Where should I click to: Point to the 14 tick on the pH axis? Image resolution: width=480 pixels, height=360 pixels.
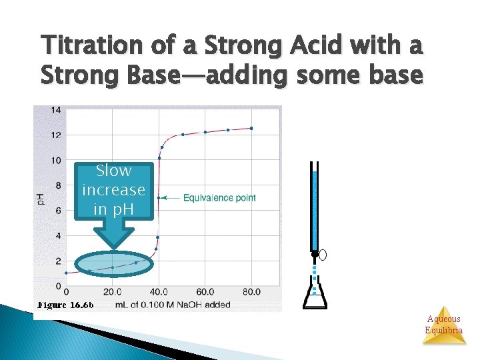pyautogui.click(x=57, y=109)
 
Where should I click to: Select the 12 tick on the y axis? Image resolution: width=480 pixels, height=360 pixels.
pyautogui.click(x=57, y=135)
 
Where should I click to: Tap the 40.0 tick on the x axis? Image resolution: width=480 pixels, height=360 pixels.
pyautogui.click(x=158, y=292)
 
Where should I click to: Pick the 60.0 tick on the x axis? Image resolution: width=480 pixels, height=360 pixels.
pyautogui.click(x=205, y=292)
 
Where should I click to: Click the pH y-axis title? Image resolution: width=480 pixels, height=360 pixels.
pyautogui.click(x=40, y=198)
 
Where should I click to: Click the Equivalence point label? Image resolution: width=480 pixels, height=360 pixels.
pyautogui.click(x=219, y=198)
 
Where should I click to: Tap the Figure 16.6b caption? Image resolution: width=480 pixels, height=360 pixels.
pyautogui.click(x=65, y=305)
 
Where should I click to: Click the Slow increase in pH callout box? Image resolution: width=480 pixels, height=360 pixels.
pyautogui.click(x=113, y=190)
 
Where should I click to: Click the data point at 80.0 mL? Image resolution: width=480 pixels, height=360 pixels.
pyautogui.click(x=251, y=128)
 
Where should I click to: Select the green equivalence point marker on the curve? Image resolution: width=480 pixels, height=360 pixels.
pyautogui.click(x=158, y=198)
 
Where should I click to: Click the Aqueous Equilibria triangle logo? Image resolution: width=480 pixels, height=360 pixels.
pyautogui.click(x=443, y=325)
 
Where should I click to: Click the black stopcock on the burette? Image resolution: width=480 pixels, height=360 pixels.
pyautogui.click(x=315, y=254)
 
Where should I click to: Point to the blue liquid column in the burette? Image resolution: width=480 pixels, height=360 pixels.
pyautogui.click(x=315, y=207)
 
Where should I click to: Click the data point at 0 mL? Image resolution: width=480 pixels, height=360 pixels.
pyautogui.click(x=66, y=273)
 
